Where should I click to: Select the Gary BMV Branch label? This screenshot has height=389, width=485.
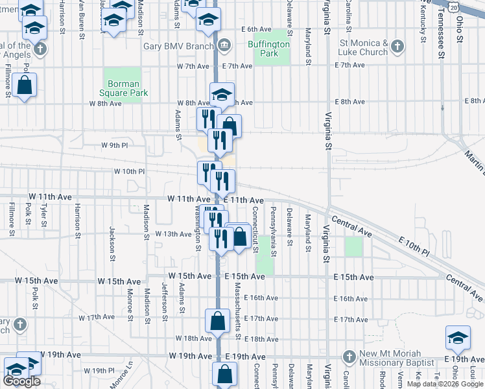point(180,45)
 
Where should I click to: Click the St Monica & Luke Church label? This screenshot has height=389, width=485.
point(363,47)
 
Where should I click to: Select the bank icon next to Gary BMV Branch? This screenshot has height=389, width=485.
point(224,45)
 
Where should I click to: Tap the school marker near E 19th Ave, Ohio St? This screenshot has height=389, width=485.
point(458,338)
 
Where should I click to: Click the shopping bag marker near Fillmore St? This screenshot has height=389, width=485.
point(25,86)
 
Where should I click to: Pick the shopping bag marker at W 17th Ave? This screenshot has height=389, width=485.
point(219,320)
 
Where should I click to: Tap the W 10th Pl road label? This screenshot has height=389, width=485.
point(129,171)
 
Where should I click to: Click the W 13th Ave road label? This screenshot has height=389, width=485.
point(172,233)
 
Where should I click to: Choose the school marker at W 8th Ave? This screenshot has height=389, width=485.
point(222,95)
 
